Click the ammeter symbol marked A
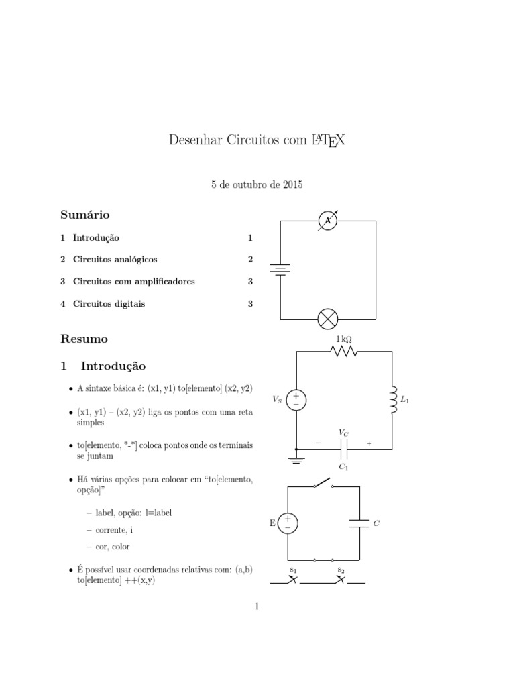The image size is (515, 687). tap(327, 221)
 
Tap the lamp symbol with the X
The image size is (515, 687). tap(327, 318)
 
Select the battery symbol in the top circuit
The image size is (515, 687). tap(280, 270)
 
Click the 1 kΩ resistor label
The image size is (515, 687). tap(344, 339)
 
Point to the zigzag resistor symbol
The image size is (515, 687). tap(344, 352)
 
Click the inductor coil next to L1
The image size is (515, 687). tap(392, 400)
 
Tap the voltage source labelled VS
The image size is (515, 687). tap(296, 400)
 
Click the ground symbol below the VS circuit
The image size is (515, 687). tap(296, 460)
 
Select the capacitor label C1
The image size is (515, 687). tap(343, 466)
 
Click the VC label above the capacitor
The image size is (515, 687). tap(343, 433)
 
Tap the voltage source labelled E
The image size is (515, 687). tap(288, 523)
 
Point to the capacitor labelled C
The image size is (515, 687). tap(359, 523)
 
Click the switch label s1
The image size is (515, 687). tap(293, 570)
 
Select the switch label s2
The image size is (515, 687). tap(341, 570)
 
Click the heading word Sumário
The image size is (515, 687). tap(84, 215)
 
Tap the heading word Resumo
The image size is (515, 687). tap(84, 339)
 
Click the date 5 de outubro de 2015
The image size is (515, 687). tap(257, 184)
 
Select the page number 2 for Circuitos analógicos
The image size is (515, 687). tap(250, 259)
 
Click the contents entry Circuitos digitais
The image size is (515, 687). tap(109, 304)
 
